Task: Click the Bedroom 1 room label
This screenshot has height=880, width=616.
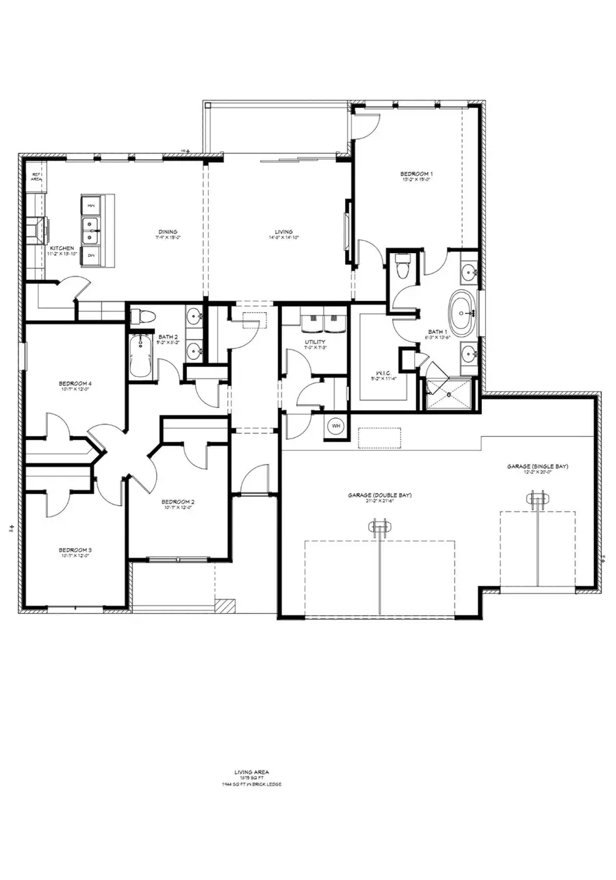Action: (x=418, y=174)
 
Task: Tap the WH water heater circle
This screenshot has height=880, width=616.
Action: (x=336, y=426)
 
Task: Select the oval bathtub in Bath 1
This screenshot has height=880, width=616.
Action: (x=463, y=312)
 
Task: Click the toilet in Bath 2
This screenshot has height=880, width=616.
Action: (x=144, y=316)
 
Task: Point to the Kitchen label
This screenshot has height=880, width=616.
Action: (x=62, y=248)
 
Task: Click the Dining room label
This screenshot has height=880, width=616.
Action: (x=168, y=232)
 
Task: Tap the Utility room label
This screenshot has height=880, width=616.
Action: (x=315, y=341)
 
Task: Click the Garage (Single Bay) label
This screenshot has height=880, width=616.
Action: (x=537, y=466)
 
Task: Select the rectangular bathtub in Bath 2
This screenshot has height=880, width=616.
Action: (x=140, y=356)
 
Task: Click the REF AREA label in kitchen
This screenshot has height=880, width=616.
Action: (x=37, y=177)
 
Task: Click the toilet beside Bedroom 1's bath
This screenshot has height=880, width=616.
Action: (x=403, y=267)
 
